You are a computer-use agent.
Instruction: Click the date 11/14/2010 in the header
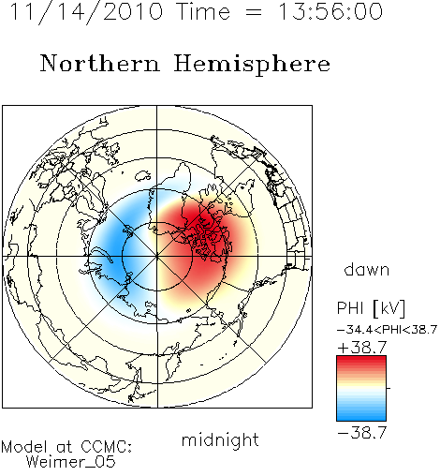86,11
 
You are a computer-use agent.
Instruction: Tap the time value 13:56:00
330,11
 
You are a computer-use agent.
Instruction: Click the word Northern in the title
100,64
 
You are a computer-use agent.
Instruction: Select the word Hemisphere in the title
252,65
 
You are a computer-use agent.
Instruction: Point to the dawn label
367,269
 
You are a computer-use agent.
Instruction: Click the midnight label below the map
220,439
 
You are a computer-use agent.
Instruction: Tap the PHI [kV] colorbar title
371,308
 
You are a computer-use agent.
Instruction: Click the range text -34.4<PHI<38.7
387,330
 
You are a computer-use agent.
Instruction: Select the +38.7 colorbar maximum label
362,348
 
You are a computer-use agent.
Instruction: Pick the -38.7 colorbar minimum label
362,433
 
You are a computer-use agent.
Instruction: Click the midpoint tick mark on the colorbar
389,388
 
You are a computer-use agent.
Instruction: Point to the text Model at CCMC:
66,447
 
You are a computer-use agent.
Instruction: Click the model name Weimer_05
71,462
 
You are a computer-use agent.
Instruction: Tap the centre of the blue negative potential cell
117,246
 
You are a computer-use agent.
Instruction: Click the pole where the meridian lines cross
157,257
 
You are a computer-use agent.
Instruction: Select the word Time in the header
203,11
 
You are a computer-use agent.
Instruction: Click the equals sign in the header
254,12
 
